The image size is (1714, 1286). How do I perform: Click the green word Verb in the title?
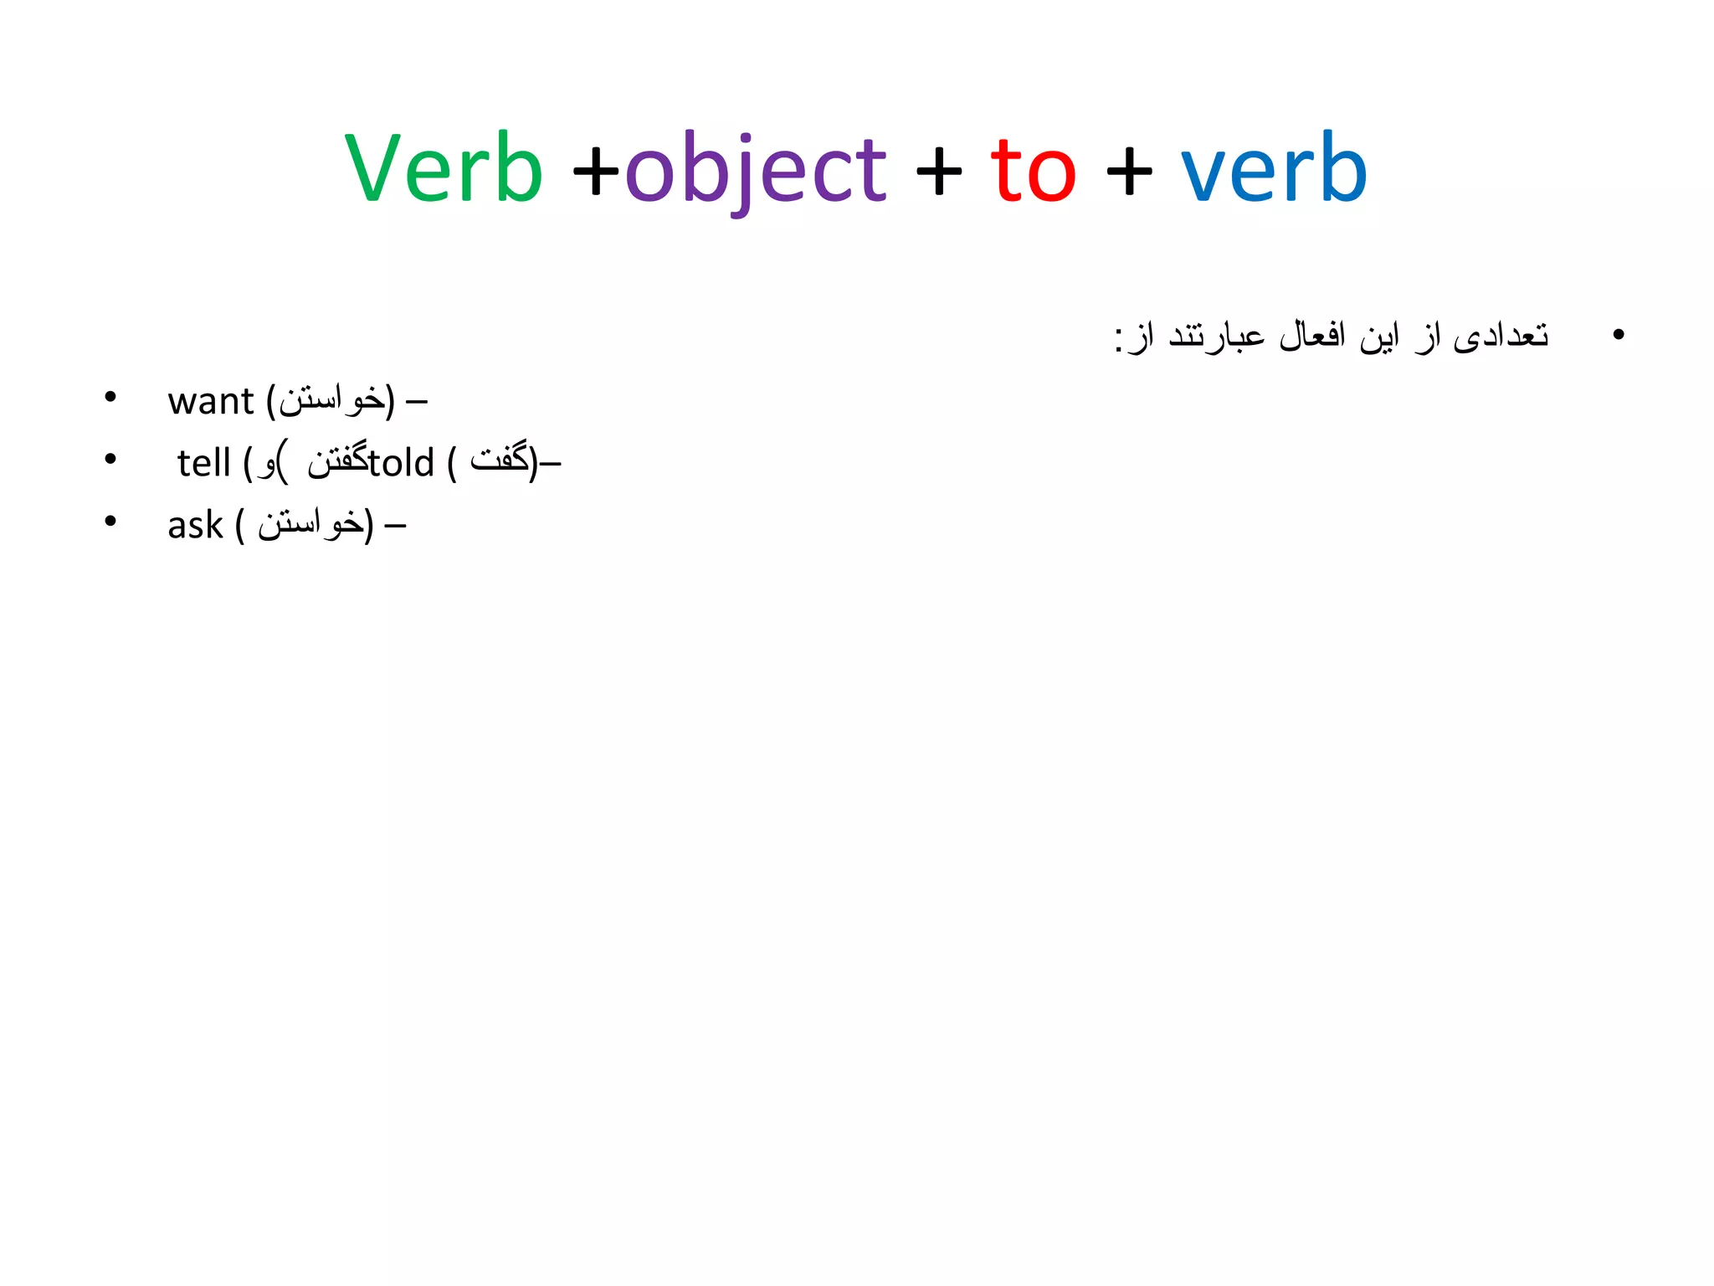444,169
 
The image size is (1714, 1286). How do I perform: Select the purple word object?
756,171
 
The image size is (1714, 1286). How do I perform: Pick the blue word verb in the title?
1273,169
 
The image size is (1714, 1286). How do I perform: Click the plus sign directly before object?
596,172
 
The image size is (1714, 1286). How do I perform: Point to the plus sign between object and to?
938,172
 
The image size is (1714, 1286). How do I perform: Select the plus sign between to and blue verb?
1128,172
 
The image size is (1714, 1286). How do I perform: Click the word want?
210,402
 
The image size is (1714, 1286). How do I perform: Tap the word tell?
203,463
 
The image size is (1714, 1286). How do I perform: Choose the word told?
402,463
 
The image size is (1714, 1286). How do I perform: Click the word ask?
195,526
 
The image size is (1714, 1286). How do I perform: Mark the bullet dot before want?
110,397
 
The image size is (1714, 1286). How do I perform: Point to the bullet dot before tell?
110,459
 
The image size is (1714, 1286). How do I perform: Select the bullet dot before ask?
110,521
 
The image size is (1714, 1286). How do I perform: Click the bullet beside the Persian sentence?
1618,335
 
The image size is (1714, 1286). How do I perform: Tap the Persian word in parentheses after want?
331,400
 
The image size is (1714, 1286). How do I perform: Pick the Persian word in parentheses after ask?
310,524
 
